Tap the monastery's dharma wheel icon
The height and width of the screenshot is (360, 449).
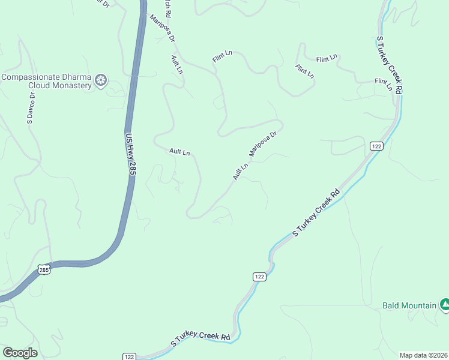click(101, 80)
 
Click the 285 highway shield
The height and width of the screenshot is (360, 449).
click(44, 270)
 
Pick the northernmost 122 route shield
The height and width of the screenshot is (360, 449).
click(376, 146)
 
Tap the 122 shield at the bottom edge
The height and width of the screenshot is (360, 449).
click(129, 356)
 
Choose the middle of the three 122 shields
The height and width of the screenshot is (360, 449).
click(259, 276)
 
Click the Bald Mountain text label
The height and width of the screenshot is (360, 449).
click(409, 305)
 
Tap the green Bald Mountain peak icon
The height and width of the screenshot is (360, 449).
click(444, 305)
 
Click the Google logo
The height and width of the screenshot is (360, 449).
click(20, 353)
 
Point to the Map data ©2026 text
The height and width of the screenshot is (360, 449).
click(424, 355)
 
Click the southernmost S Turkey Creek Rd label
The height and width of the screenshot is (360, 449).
click(201, 340)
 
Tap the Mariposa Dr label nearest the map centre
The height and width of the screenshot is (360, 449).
click(262, 145)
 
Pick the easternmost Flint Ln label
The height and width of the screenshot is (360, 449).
click(383, 84)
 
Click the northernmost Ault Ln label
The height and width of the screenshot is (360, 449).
click(176, 64)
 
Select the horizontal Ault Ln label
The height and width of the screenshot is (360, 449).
click(179, 152)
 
